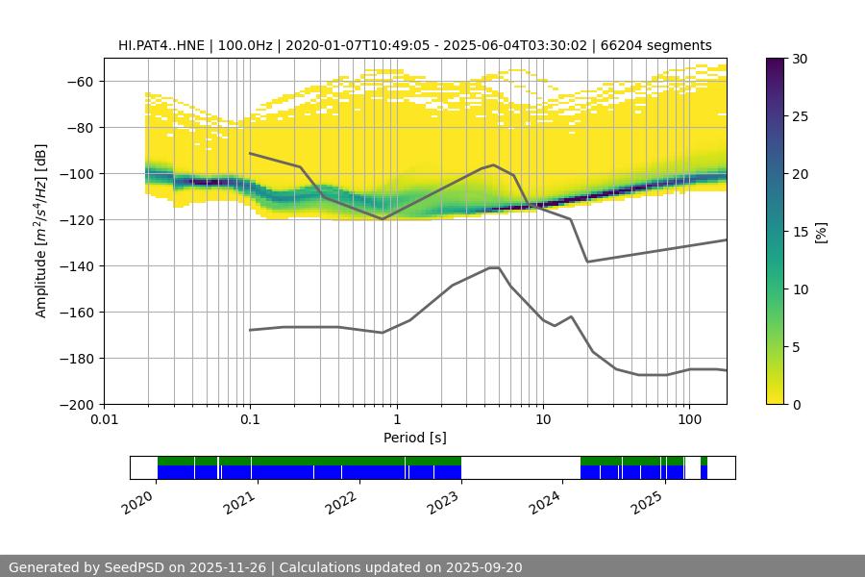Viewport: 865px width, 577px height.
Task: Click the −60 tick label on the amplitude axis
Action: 80,82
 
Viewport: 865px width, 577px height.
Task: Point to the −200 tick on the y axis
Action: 80,405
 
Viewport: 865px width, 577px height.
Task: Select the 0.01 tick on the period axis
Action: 104,420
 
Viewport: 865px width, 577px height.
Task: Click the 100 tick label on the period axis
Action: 688,420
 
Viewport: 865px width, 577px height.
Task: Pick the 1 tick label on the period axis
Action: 396,420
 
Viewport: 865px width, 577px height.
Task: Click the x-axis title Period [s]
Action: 415,438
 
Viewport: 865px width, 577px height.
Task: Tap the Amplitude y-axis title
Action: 41,231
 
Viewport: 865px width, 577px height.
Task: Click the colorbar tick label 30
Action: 800,59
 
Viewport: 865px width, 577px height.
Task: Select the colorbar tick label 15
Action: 800,232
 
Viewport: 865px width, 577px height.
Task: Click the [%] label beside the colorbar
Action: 822,231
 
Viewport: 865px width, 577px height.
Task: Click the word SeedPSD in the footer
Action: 134,567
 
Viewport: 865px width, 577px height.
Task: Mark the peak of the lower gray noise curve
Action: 494,267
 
